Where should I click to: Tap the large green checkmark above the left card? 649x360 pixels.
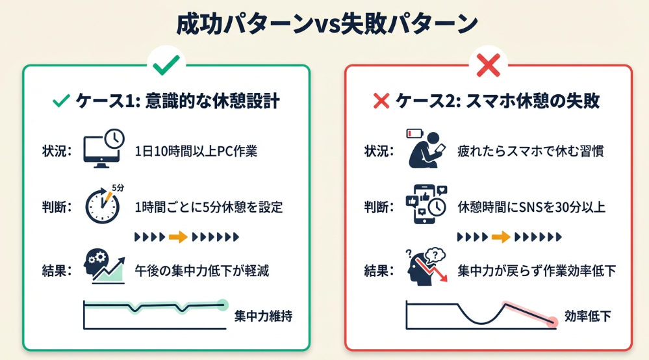click(166, 64)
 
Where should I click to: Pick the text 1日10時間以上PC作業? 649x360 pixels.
click(196, 151)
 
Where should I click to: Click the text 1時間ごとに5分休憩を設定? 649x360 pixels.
click(209, 208)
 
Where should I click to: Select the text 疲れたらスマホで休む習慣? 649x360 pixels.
click(529, 151)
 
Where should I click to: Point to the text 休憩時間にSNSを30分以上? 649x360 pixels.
click(531, 208)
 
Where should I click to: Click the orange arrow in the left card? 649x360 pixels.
click(177, 237)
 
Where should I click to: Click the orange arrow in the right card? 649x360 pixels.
click(501, 237)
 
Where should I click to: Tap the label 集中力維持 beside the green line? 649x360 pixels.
click(263, 317)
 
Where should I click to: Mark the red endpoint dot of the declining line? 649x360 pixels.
click(552, 321)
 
